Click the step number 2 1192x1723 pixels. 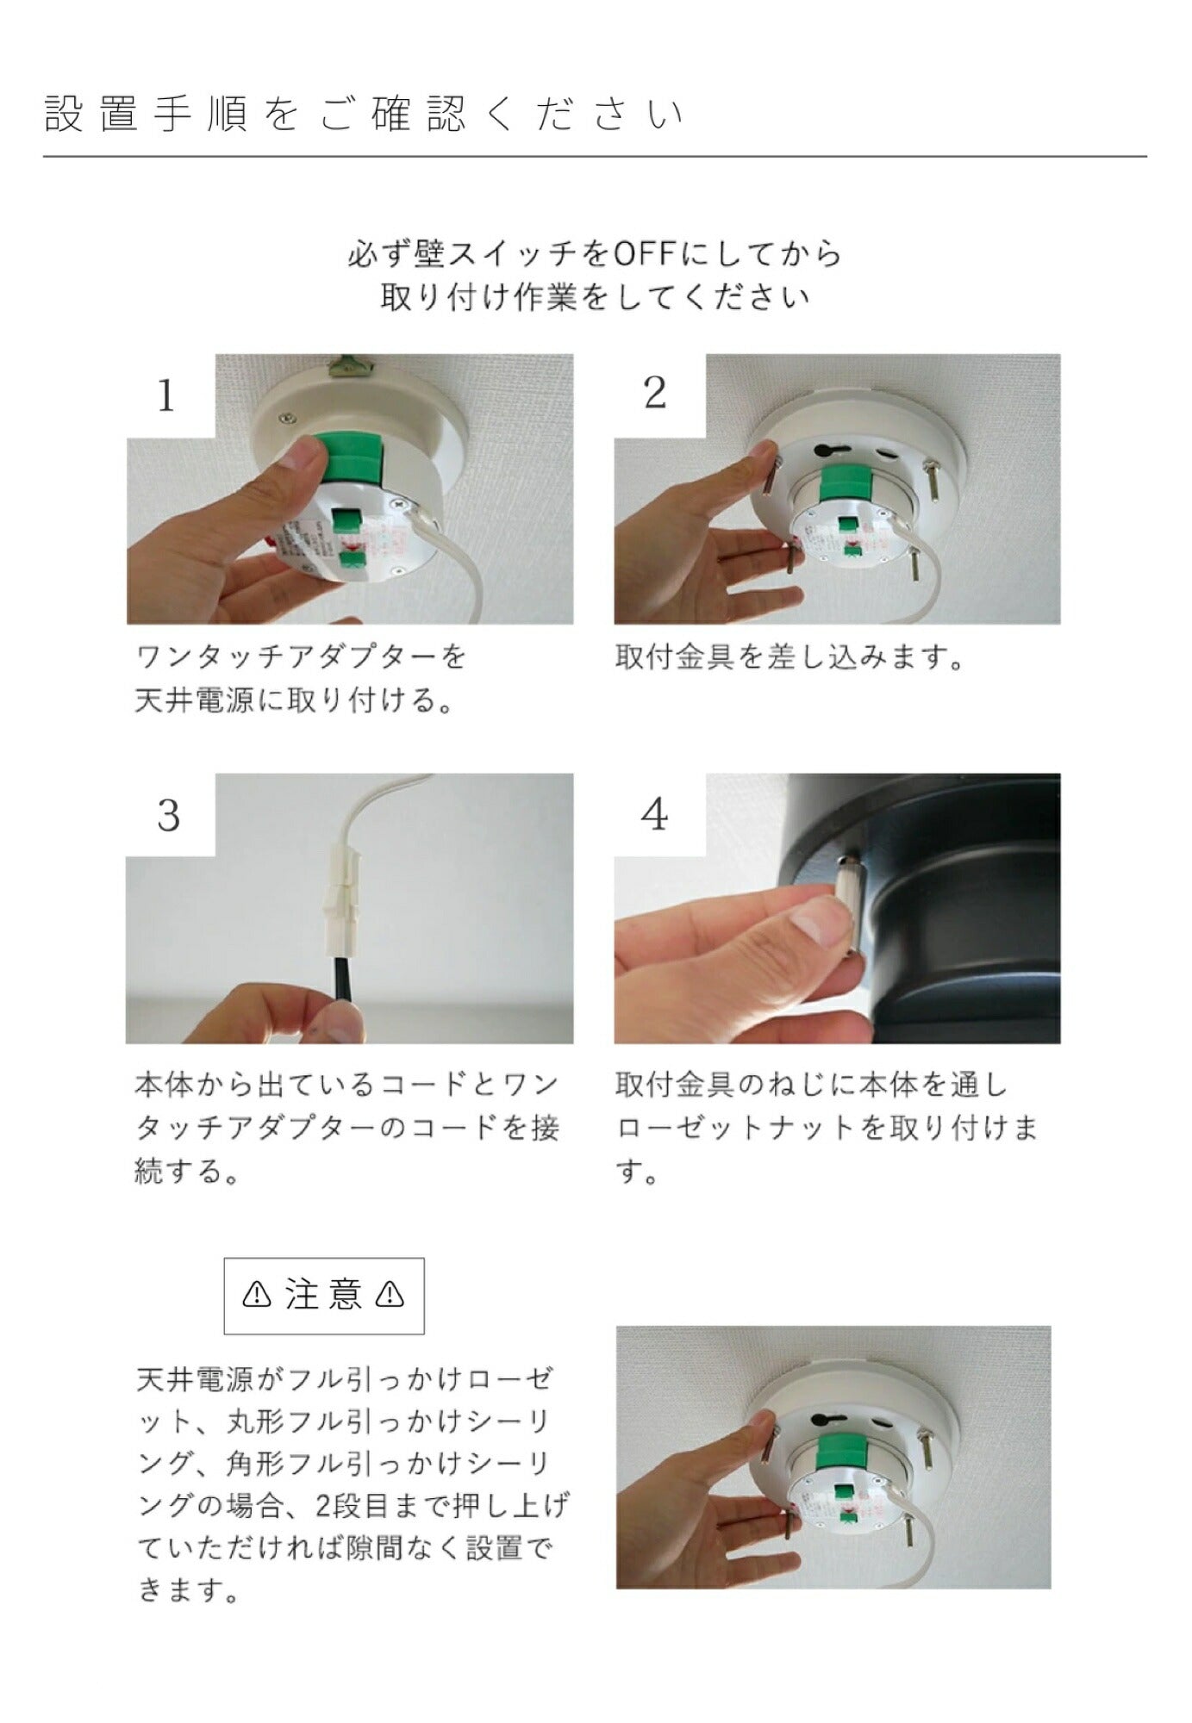[x=655, y=394]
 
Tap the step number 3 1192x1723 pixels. [x=168, y=815]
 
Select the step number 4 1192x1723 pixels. [x=655, y=814]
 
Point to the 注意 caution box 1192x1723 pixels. [x=324, y=1296]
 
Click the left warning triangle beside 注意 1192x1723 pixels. [x=257, y=1295]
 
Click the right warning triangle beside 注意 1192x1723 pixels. [x=390, y=1295]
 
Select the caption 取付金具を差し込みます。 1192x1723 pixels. [x=789, y=658]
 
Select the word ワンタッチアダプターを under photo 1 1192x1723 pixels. [x=302, y=658]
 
